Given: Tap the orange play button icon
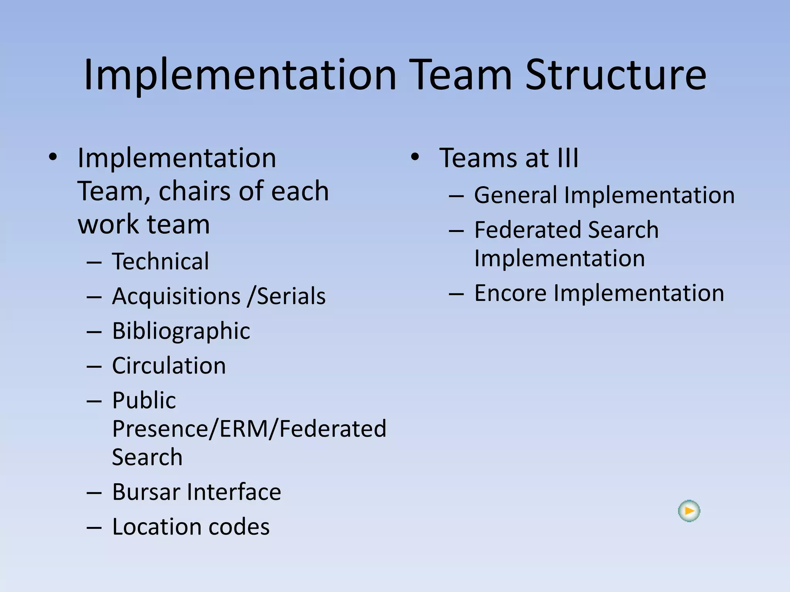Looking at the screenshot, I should (689, 511).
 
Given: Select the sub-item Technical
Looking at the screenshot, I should (160, 261).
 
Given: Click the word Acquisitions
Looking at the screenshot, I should (176, 296).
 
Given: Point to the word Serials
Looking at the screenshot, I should (291, 296).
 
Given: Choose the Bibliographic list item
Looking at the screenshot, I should (181, 331).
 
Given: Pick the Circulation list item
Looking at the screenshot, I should (169, 365).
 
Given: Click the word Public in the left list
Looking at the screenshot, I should (144, 400).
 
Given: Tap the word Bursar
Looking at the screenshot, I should (146, 492).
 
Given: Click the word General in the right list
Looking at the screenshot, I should (516, 195).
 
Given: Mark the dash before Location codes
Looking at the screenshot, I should (94, 527).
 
